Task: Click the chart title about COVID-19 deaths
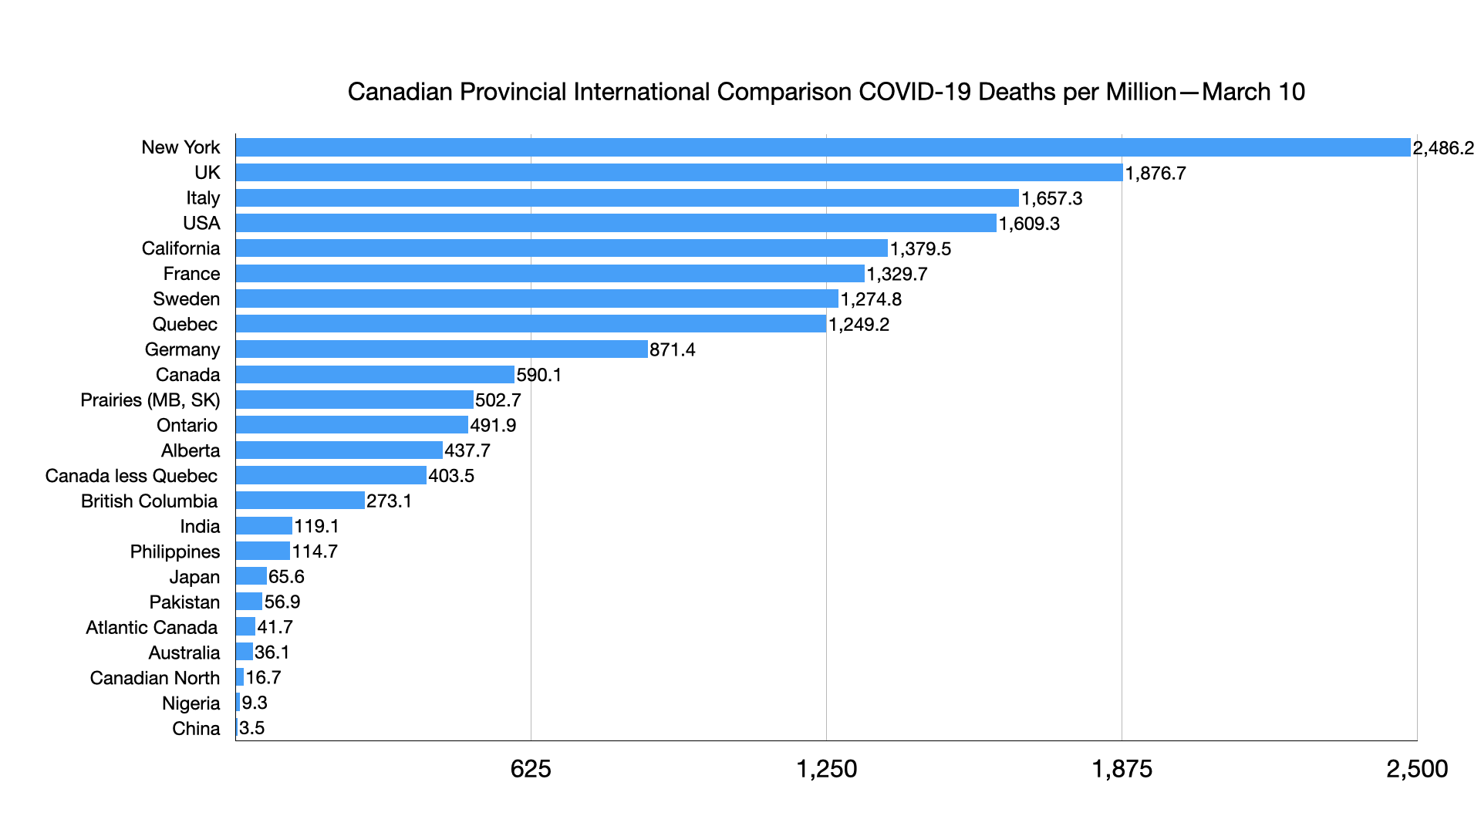click(826, 92)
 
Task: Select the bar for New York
click(823, 147)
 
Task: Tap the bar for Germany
click(441, 349)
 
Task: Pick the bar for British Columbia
click(300, 501)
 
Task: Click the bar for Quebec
click(531, 324)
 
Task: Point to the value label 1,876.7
click(1155, 174)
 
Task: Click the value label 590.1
click(539, 375)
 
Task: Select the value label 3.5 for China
click(252, 728)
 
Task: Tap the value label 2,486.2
click(1443, 148)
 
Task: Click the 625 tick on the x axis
click(531, 769)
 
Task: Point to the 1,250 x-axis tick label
click(826, 769)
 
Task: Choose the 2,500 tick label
click(1417, 769)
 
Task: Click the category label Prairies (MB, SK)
click(150, 400)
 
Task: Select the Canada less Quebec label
click(131, 476)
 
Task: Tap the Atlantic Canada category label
click(151, 628)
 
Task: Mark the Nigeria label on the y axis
click(191, 703)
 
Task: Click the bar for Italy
click(627, 198)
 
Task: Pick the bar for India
click(264, 526)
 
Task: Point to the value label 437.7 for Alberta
click(467, 450)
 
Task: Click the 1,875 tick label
click(1122, 769)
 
